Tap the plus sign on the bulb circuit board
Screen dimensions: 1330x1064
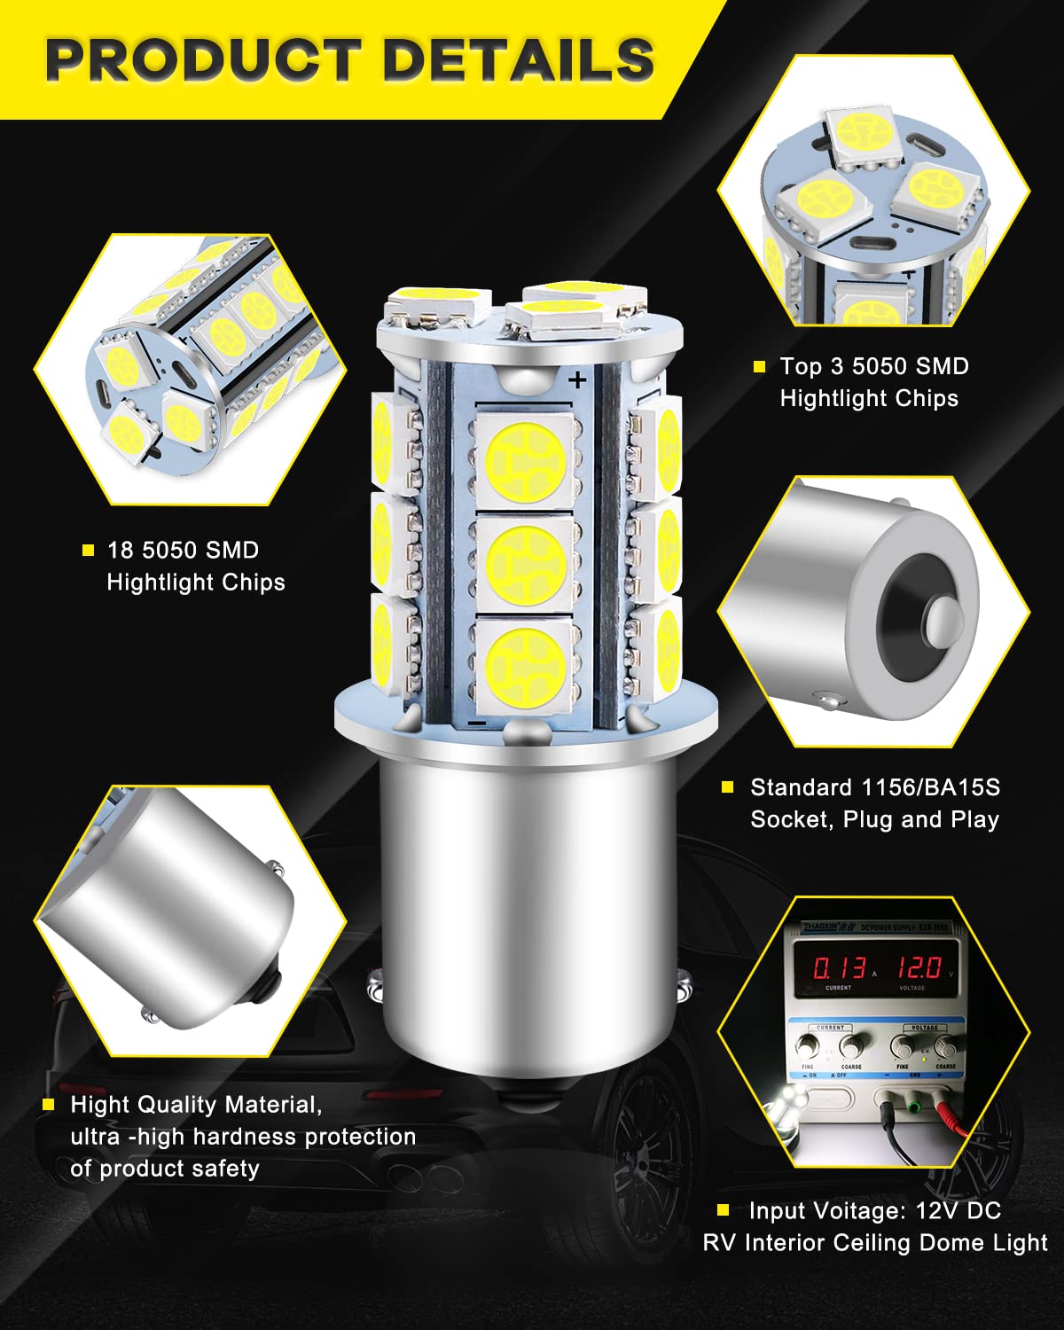(x=578, y=380)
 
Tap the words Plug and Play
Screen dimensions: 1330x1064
(x=920, y=819)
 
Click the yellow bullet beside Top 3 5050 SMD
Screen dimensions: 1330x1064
(x=759, y=367)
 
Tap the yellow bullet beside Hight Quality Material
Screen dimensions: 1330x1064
(x=49, y=1105)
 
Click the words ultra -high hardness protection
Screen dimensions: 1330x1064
(x=243, y=1137)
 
